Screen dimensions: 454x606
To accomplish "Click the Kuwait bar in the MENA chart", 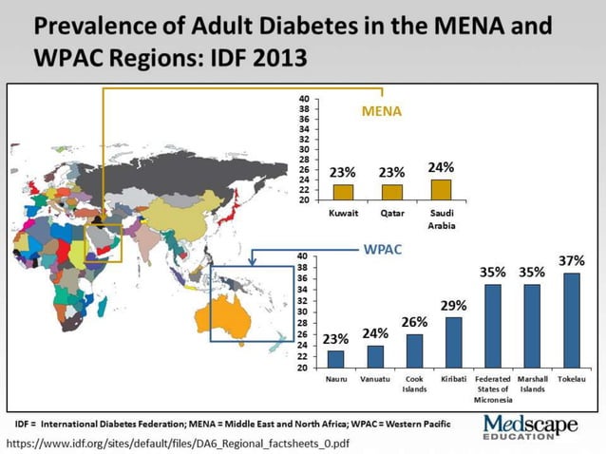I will pyautogui.click(x=343, y=192).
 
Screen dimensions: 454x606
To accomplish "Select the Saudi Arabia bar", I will pyautogui.click(x=441, y=189).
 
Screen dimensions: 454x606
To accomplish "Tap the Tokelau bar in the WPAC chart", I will pyautogui.click(x=572, y=319).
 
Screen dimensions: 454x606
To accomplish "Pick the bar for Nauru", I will pyautogui.click(x=335, y=358).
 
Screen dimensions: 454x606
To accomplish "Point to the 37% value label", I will pyautogui.click(x=572, y=260).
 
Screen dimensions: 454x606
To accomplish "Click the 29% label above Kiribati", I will pyautogui.click(x=453, y=305).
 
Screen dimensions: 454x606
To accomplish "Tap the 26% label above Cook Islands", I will pyautogui.click(x=414, y=322).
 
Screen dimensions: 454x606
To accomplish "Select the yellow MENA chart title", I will pyautogui.click(x=382, y=111).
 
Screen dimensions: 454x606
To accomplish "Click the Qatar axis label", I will pyautogui.click(x=392, y=213).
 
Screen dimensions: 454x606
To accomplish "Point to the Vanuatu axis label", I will pyautogui.click(x=375, y=379).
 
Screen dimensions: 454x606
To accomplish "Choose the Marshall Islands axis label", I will pyautogui.click(x=532, y=384).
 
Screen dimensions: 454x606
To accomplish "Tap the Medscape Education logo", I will pyautogui.click(x=530, y=426).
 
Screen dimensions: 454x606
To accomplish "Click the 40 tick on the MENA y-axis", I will pyautogui.click(x=304, y=99).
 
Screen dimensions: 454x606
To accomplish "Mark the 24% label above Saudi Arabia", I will pyautogui.click(x=441, y=167).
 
